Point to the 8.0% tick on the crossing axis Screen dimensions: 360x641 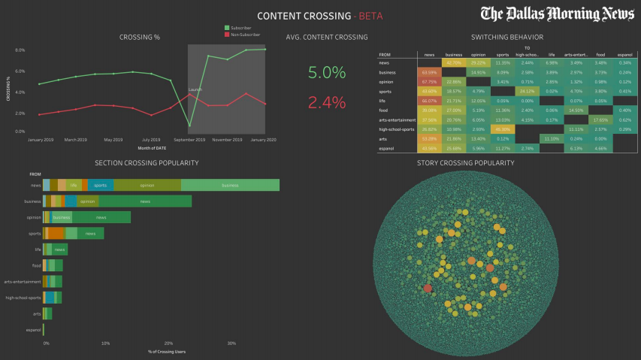point(20,50)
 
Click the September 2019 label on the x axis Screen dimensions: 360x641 point(189,140)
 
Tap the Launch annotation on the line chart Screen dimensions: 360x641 point(195,89)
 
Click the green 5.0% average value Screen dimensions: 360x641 point(327,73)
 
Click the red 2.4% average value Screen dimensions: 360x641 point(327,102)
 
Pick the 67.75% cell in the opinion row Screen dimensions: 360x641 point(430,81)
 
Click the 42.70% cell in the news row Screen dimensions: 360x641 point(454,63)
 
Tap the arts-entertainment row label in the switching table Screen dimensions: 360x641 point(398,120)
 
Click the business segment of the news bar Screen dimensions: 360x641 point(230,185)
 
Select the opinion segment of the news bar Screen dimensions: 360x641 point(147,185)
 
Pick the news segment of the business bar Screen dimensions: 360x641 point(145,201)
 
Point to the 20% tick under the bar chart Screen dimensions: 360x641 point(168,343)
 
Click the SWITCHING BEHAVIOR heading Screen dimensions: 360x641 point(506,37)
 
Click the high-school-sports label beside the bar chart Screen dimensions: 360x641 point(23,298)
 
